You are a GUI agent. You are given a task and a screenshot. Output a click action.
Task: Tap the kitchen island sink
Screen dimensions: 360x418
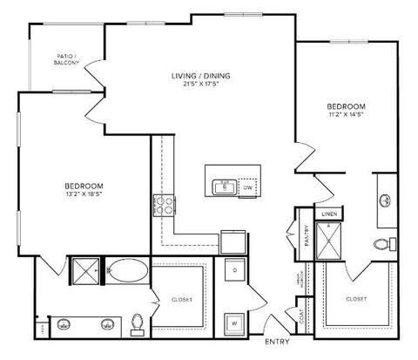pyautogui.click(x=224, y=186)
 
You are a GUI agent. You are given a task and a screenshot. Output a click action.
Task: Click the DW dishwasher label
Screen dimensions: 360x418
pyautogui.click(x=247, y=187)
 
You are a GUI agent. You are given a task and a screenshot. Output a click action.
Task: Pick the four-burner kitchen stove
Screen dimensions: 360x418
pyautogui.click(x=162, y=207)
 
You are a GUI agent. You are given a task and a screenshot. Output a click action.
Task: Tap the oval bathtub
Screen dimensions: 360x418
pyautogui.click(x=127, y=274)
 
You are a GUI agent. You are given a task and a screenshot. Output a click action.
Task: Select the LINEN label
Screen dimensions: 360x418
pyautogui.click(x=329, y=213)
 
